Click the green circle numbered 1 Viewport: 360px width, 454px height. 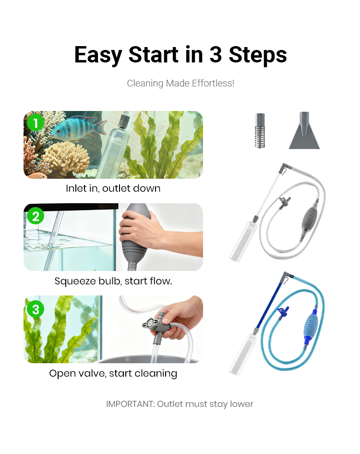click(36, 123)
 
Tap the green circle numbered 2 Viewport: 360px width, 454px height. click(36, 216)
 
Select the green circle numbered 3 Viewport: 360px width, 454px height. click(36, 309)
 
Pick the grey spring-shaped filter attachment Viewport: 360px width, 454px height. click(260, 131)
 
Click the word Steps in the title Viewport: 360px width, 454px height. click(258, 55)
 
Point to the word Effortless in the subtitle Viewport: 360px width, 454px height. click(213, 84)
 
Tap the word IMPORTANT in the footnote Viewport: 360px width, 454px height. click(131, 404)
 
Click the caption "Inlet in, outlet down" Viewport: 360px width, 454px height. click(113, 188)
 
